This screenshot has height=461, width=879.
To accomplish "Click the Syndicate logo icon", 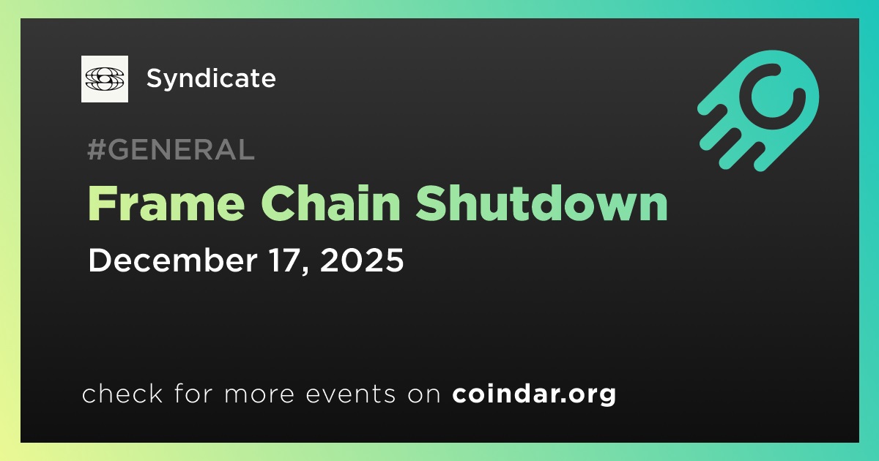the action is tap(104, 79).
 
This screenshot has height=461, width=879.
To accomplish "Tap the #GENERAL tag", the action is tap(171, 149).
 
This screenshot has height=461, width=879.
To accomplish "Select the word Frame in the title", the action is tap(166, 203).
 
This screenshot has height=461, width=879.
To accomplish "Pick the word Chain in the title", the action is tap(331, 203).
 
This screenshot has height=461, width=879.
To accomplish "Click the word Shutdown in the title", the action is tap(541, 203).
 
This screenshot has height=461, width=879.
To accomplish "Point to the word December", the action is tap(173, 260).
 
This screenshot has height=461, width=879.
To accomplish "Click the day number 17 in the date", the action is tap(287, 260).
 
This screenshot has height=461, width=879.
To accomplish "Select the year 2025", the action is tap(362, 260).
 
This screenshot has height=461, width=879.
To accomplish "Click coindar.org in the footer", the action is tap(534, 394).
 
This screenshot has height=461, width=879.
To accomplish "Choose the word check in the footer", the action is tap(122, 394).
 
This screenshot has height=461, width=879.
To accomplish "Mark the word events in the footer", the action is tap(350, 394).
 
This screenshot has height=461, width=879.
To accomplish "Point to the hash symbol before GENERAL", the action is tap(96, 149).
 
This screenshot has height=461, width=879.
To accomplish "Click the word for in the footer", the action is tap(193, 394).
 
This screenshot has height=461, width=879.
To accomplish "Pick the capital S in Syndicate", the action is tap(155, 78).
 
